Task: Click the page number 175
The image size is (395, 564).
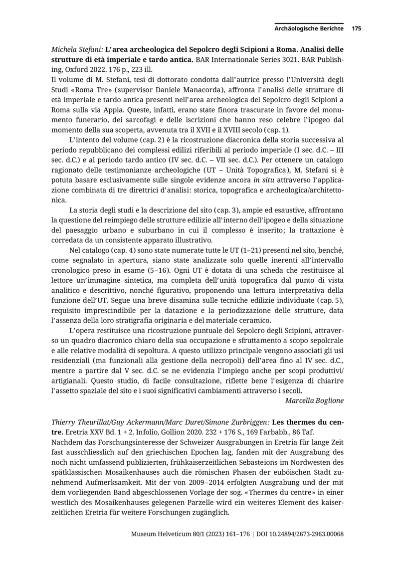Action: click(x=356, y=28)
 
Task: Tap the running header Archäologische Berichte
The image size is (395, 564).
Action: click(x=309, y=28)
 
